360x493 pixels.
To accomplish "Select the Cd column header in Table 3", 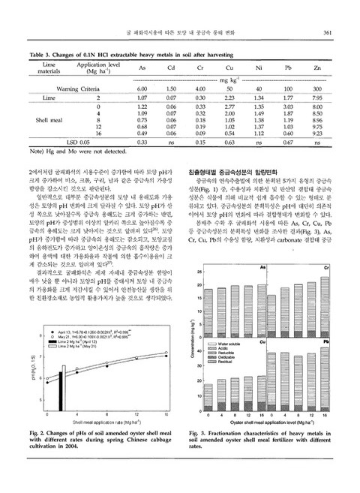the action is [x=170, y=68].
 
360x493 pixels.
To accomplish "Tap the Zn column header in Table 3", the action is [x=317, y=68].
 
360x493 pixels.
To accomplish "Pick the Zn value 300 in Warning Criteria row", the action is [x=317, y=89].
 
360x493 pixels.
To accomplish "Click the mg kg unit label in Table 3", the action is [x=227, y=79].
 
